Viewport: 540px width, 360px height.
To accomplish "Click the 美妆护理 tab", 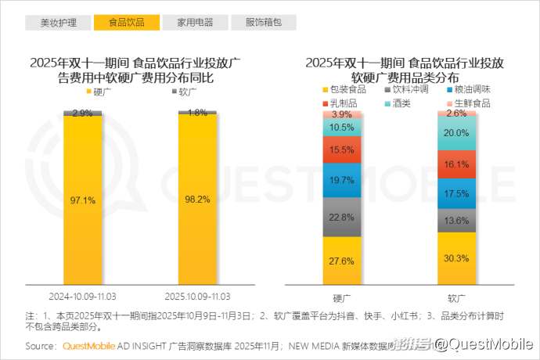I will click(59, 22).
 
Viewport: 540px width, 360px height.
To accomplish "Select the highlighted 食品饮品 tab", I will click(126, 22).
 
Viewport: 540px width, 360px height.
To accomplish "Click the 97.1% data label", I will click(83, 200).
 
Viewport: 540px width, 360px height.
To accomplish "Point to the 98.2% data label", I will click(197, 200).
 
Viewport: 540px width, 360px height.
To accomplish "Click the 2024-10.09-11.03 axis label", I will click(83, 297).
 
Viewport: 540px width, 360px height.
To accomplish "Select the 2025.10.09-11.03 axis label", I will click(197, 297).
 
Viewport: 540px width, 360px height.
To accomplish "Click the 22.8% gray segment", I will click(342, 217).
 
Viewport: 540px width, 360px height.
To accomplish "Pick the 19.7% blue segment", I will click(342, 181).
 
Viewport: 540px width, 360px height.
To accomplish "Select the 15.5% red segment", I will click(342, 149).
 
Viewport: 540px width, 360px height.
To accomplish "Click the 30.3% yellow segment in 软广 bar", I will click(456, 258).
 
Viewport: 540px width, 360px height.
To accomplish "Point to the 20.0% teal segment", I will click(456, 134).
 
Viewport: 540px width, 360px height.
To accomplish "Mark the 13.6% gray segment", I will click(456, 221).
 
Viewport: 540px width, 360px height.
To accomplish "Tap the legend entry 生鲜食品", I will click(472, 103).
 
